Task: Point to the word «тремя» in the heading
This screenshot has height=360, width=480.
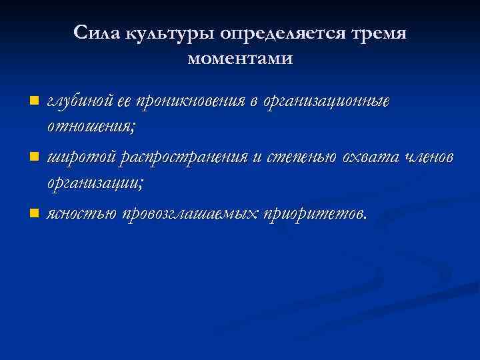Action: [x=381, y=33]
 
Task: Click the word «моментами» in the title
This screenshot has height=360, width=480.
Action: [x=240, y=59]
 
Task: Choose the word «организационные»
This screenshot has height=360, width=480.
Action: [x=327, y=102]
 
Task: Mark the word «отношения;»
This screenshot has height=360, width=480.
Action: [x=81, y=125]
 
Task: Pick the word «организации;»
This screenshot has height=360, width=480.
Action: [x=89, y=181]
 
